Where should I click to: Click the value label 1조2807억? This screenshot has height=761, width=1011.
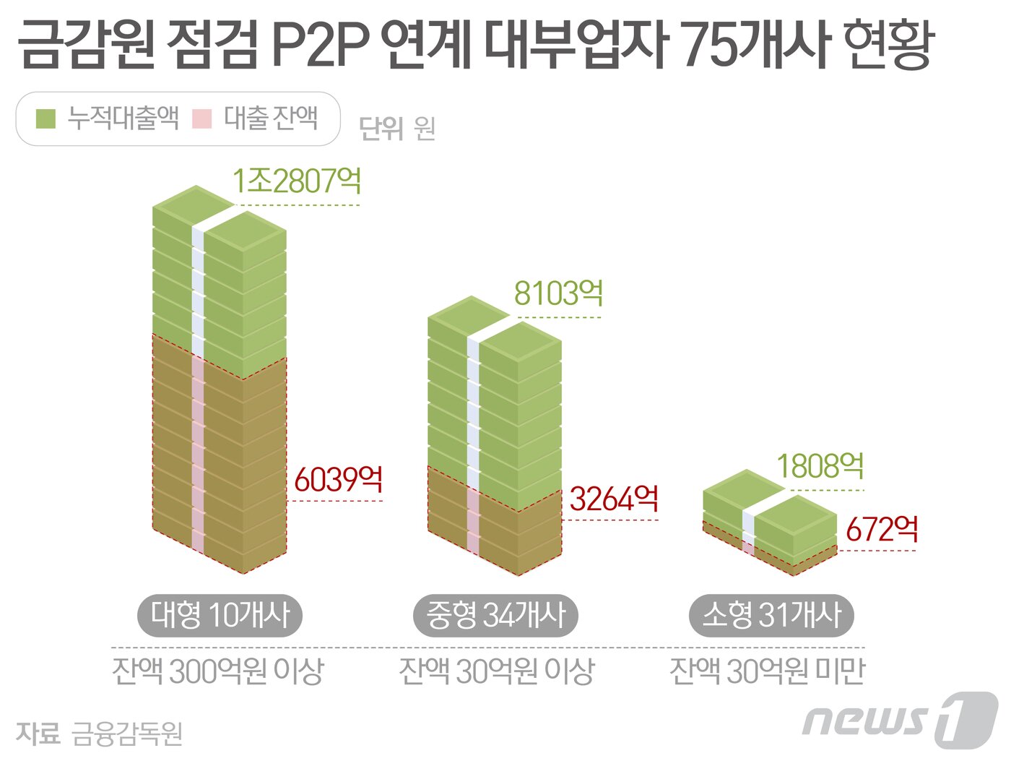pos(297,181)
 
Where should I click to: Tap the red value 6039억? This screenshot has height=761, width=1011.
pos(338,479)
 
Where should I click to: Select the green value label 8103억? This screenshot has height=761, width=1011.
pos(558,294)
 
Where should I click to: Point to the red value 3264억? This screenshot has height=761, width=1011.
pos(614,499)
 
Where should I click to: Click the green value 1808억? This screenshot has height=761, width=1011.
pos(820,467)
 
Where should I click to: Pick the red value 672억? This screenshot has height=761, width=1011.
pos(882,530)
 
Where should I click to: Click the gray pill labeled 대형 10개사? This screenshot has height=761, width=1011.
pos(220,616)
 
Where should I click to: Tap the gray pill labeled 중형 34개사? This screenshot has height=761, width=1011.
pos(495,616)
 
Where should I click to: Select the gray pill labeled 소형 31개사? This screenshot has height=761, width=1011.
pos(771,616)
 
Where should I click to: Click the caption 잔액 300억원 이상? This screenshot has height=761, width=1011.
pos(218,671)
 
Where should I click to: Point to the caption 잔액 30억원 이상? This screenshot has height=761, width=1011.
pos(496,671)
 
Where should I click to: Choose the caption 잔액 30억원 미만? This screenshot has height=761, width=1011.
pos(767,671)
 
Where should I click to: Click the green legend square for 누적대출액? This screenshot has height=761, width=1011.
pos(45,119)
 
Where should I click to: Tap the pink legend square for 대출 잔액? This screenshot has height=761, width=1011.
pos(202,119)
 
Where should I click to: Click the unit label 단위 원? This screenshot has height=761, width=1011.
pos(397,129)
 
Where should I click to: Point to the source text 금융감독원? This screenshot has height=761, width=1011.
pos(127,734)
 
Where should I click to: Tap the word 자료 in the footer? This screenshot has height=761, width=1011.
pos(38,734)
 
